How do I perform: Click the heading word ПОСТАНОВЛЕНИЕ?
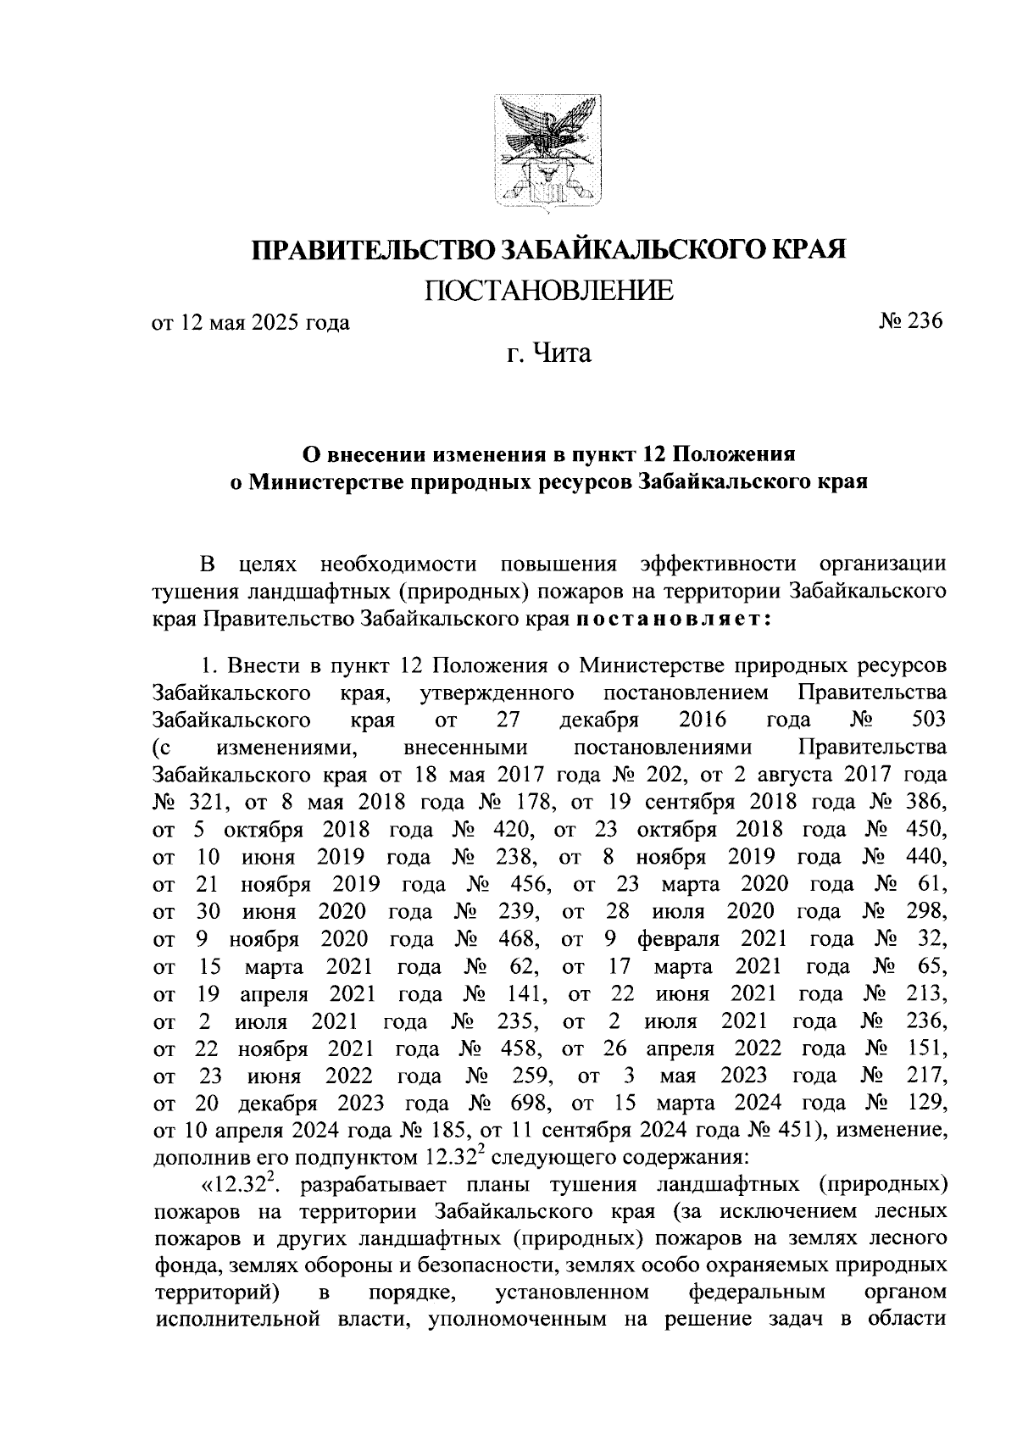tap(549, 291)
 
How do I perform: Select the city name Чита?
tap(560, 353)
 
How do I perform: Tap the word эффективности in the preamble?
tap(719, 564)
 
